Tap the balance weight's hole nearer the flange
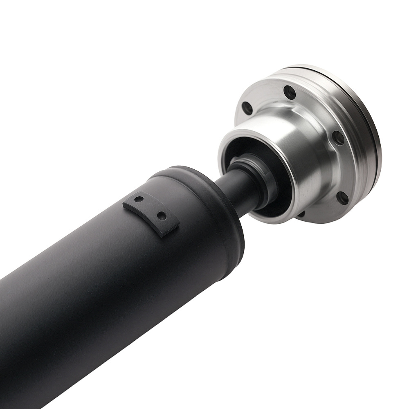(162, 216)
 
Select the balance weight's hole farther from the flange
(139, 200)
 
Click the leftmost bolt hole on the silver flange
(247, 108)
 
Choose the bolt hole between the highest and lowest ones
(339, 138)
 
